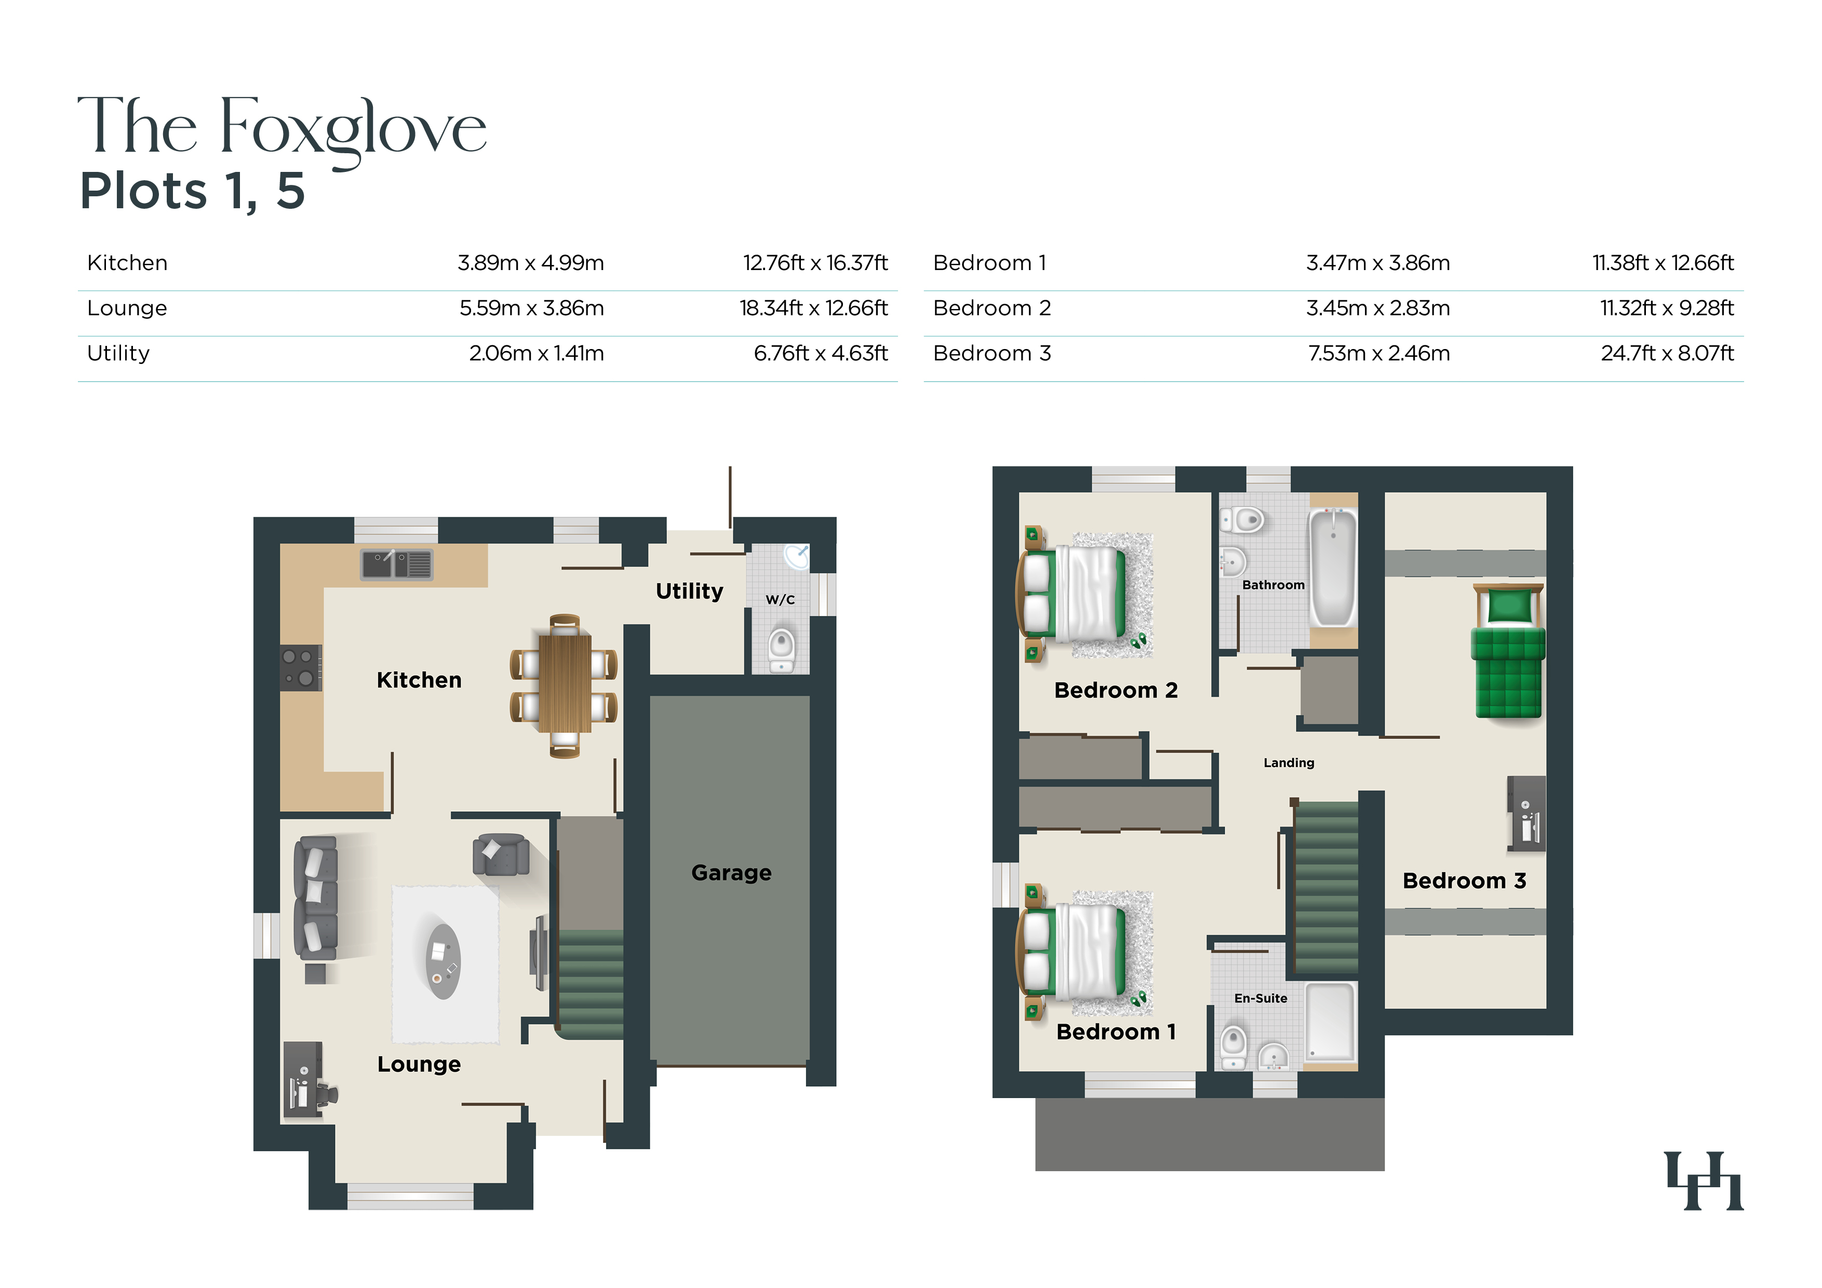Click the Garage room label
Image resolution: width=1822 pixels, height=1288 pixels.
click(x=731, y=873)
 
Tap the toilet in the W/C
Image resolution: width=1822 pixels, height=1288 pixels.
click(x=782, y=649)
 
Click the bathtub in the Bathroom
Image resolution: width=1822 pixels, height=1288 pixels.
click(x=1333, y=568)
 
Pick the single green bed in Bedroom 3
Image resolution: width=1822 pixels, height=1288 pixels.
click(x=1508, y=651)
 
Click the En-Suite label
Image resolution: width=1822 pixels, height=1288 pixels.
click(x=1260, y=998)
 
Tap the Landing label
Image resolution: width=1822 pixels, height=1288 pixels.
click(x=1289, y=762)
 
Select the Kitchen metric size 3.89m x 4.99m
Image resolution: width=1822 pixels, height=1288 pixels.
click(x=531, y=263)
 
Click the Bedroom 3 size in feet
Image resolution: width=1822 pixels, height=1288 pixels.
click(x=1667, y=353)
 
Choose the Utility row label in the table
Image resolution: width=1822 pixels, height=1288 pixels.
click(x=118, y=353)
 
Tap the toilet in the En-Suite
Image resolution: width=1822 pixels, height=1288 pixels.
click(x=1233, y=1048)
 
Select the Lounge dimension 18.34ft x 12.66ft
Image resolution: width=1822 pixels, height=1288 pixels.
click(x=813, y=308)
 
